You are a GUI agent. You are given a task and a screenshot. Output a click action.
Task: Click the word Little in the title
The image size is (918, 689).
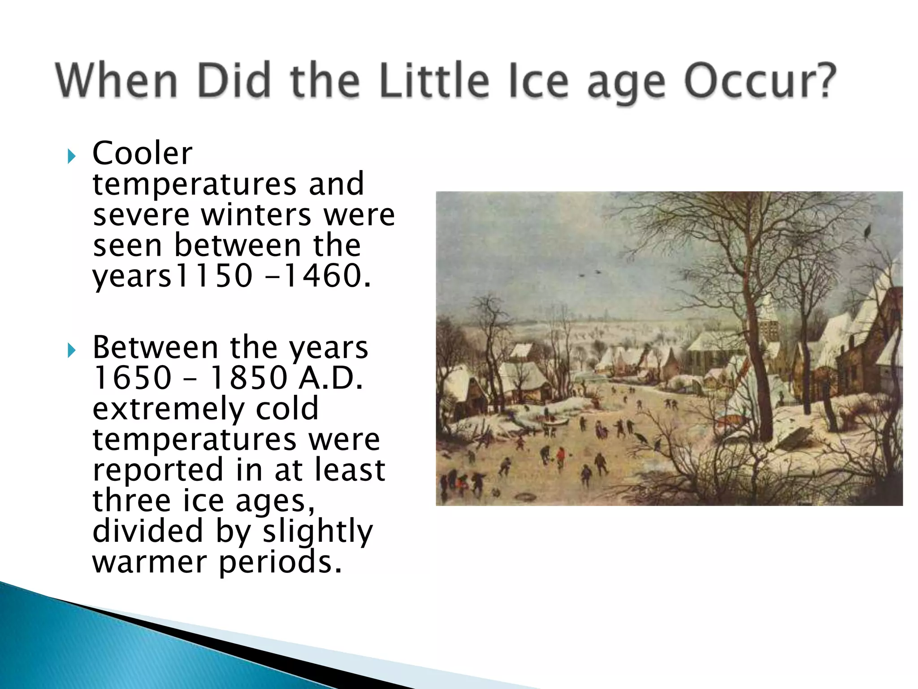[x=433, y=81]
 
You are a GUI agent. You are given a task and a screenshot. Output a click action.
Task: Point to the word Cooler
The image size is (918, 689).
[x=142, y=153]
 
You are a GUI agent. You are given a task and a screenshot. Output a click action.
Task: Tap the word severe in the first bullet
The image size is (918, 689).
[x=142, y=215]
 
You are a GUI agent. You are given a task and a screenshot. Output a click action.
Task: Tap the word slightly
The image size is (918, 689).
[x=317, y=532]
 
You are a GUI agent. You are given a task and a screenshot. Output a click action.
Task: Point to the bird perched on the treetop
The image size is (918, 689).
[x=867, y=231]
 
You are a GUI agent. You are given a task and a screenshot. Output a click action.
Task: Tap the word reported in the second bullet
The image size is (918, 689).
[x=158, y=470]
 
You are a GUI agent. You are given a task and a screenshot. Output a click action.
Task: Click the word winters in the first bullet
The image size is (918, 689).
[x=256, y=215]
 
